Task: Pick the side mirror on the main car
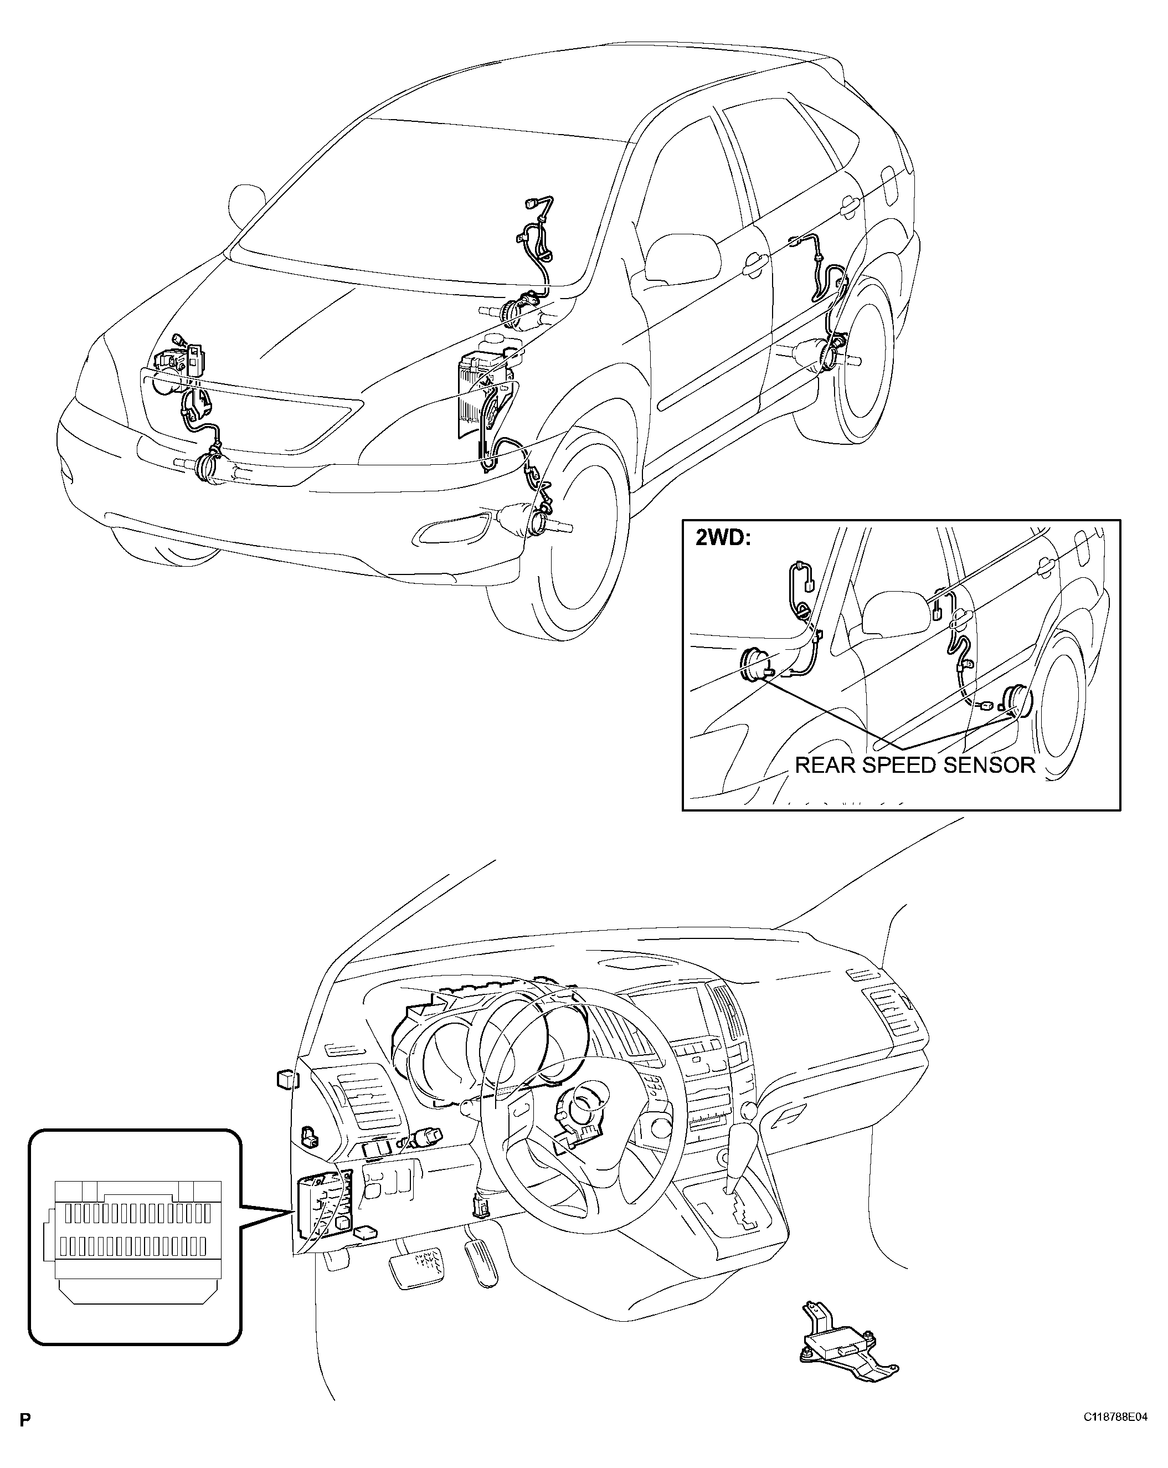tap(682, 259)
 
